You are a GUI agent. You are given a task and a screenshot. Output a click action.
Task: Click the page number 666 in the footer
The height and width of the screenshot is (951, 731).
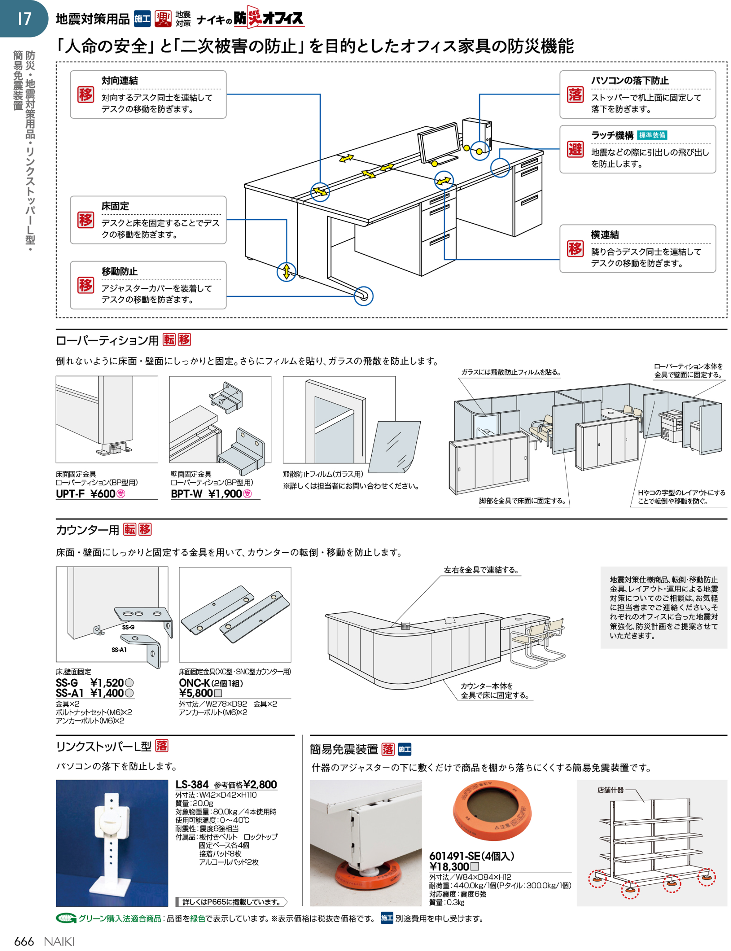pyautogui.click(x=24, y=941)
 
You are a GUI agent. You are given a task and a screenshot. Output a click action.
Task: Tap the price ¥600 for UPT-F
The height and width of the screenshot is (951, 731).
pyautogui.click(x=103, y=493)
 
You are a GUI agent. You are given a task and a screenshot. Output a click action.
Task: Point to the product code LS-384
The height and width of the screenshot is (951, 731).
pyautogui.click(x=192, y=784)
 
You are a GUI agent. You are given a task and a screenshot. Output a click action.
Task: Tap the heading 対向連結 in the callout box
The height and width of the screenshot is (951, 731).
pyautogui.click(x=120, y=81)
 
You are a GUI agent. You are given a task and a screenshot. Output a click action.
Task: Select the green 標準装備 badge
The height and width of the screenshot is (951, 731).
pyautogui.click(x=652, y=135)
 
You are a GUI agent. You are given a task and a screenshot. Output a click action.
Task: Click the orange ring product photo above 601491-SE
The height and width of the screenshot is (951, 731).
pyautogui.click(x=491, y=811)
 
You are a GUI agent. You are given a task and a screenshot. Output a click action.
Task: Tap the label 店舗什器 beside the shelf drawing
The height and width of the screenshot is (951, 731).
pyautogui.click(x=610, y=790)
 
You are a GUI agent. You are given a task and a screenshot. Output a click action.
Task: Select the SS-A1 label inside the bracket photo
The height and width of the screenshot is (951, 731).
pyautogui.click(x=119, y=650)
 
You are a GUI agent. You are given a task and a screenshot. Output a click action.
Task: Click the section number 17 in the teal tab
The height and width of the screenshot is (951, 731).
pyautogui.click(x=24, y=18)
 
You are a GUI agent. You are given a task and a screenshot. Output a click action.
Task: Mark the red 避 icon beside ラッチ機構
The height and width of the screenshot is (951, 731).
pyautogui.click(x=575, y=149)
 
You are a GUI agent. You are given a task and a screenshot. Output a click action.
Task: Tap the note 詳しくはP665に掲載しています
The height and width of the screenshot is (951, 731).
pyautogui.click(x=231, y=902)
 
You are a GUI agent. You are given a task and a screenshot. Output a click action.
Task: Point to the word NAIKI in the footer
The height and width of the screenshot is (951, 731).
pyautogui.click(x=59, y=941)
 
